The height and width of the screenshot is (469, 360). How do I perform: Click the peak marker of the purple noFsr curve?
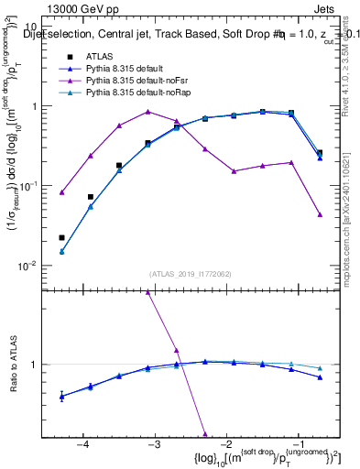point(147,112)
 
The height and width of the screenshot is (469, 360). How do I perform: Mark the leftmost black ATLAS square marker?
point(61,237)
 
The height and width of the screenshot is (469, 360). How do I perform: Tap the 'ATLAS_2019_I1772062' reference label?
point(191,274)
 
